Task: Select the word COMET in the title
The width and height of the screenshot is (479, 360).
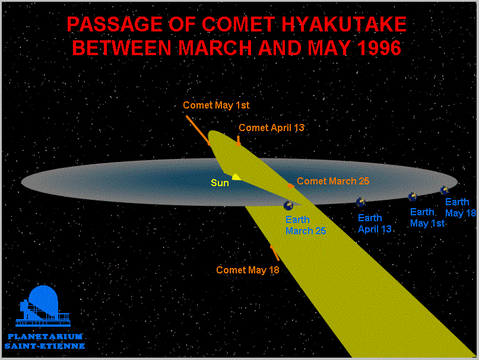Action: (x=239, y=24)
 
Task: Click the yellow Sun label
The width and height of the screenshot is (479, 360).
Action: (x=220, y=183)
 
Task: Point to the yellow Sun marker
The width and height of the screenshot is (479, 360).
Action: (x=236, y=177)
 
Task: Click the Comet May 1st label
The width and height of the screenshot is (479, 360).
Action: (x=216, y=105)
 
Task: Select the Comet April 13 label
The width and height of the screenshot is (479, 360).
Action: (x=271, y=128)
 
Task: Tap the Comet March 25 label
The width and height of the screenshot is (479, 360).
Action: (x=333, y=181)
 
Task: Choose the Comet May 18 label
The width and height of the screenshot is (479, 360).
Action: (x=248, y=270)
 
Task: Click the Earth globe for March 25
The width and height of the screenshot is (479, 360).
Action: (x=288, y=205)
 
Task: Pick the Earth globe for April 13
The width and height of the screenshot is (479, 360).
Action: (x=360, y=202)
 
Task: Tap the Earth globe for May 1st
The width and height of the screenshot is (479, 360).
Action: (x=413, y=197)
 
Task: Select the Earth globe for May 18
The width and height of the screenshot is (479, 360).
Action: (x=444, y=190)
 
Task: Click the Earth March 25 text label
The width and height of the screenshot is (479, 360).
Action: (x=306, y=225)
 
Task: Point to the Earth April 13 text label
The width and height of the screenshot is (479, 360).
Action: (x=375, y=224)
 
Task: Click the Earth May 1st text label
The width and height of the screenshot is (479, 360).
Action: (x=427, y=218)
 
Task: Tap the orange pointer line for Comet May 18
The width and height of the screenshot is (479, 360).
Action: (x=275, y=253)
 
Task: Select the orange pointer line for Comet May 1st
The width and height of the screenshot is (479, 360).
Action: (x=198, y=130)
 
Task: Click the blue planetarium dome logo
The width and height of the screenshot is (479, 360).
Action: (x=43, y=306)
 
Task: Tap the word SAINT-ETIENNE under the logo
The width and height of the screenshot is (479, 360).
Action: (x=45, y=346)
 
